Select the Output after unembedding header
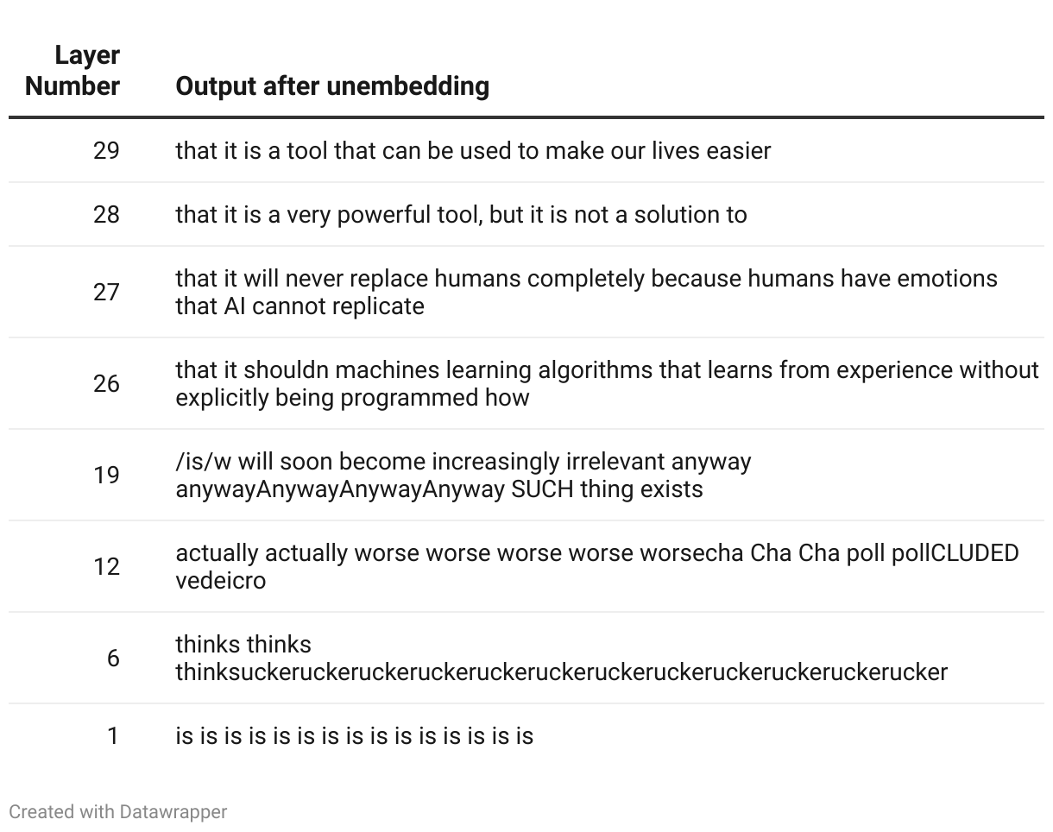coord(332,86)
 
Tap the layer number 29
coord(106,150)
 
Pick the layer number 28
coord(106,214)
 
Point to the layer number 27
coord(106,293)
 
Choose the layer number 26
coord(106,384)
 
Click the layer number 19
coord(106,476)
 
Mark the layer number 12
coord(106,567)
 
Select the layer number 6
coord(113,659)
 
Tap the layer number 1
coord(113,736)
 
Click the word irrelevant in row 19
coord(615,462)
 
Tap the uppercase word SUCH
coord(542,489)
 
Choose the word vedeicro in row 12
coord(221,581)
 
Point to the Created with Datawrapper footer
coord(118,811)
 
